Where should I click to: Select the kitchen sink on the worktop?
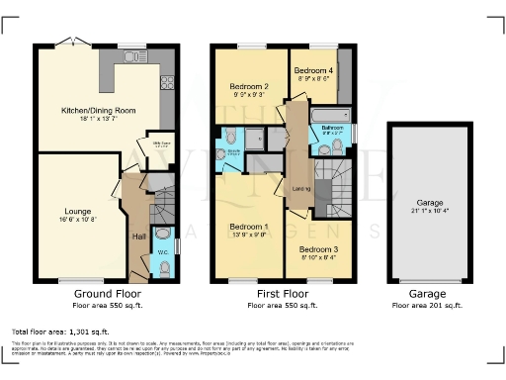click(x=131, y=57)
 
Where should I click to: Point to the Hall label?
click(x=139, y=236)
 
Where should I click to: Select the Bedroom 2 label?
click(x=249, y=87)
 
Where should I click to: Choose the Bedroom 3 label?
click(x=318, y=249)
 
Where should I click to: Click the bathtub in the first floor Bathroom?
click(x=330, y=117)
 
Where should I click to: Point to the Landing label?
click(x=301, y=187)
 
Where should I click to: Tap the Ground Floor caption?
click(x=108, y=294)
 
